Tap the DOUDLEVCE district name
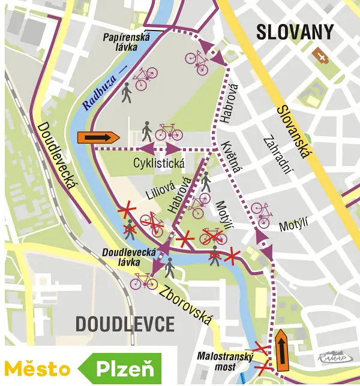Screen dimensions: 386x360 click(x=125, y=324)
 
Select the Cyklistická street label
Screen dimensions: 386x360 click(x=159, y=162)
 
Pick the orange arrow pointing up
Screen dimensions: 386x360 click(x=281, y=349)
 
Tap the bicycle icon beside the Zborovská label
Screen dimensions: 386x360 click(x=144, y=280)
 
